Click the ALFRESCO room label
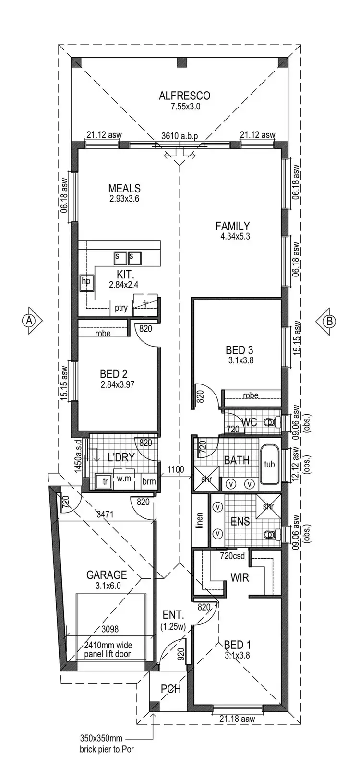tap(184, 96)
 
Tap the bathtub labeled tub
tap(269, 464)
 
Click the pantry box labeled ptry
tap(121, 308)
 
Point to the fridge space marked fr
tap(145, 304)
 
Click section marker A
tap(30, 321)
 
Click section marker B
tap(330, 321)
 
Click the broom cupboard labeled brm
tap(149, 481)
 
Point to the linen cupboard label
tap(200, 520)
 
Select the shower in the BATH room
tap(206, 479)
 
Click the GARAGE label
tap(107, 575)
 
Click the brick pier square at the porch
tap(154, 706)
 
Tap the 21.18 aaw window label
tap(237, 719)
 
